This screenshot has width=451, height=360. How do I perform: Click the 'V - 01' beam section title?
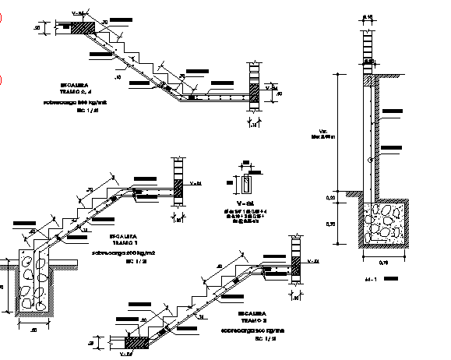click(x=245, y=201)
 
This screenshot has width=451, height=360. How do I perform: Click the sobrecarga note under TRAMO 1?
click(x=123, y=253)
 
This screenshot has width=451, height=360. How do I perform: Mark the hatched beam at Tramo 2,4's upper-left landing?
click(x=85, y=27)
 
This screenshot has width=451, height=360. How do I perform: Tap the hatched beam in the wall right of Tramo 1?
click(x=178, y=187)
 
